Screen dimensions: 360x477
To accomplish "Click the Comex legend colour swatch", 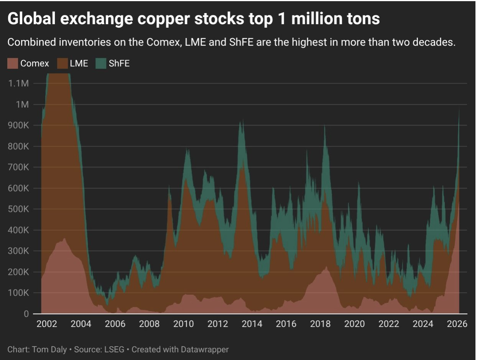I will point(13,63).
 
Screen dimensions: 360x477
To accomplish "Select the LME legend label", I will point(79,63).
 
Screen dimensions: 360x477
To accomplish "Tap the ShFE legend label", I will point(119,63).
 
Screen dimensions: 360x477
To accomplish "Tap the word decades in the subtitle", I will point(437,42).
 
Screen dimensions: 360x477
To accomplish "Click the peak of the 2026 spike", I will point(459,109).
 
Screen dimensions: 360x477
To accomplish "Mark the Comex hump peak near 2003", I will point(64,239).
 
